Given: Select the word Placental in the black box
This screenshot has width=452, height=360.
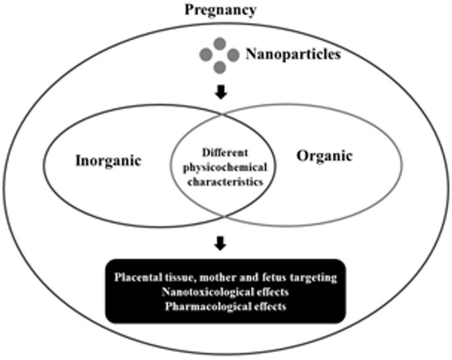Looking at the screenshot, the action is coord(137,277).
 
